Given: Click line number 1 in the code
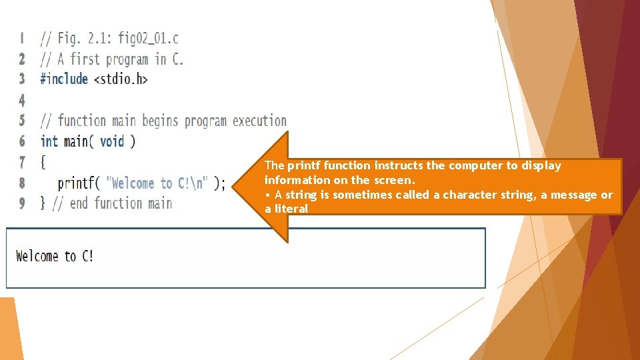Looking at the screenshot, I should click(22, 38).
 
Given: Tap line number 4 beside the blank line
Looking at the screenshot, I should click(22, 100).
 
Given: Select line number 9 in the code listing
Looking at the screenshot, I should click(22, 203).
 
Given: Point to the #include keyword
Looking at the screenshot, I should click(64, 79).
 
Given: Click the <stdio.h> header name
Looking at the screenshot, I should click(121, 79).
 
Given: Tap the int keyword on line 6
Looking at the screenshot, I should click(49, 141).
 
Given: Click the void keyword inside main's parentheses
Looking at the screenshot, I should click(111, 141).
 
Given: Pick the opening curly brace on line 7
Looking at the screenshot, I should click(43, 162).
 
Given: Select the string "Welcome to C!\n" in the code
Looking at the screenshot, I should click(157, 183).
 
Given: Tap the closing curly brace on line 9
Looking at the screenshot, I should click(43, 203).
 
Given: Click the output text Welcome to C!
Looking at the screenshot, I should click(55, 256).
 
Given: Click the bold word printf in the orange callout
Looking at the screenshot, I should click(304, 165).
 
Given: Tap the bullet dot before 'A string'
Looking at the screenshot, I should click(267, 195).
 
